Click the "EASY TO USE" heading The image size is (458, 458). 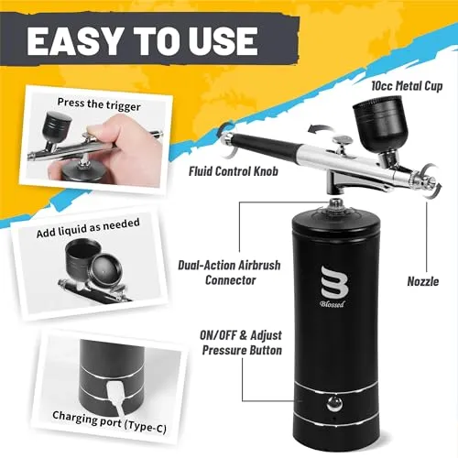tap(142, 40)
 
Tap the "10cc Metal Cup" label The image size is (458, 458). tap(407, 86)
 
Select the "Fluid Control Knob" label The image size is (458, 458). tap(234, 171)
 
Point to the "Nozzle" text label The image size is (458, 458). tap(423, 281)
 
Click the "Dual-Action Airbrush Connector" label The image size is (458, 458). tap(229, 272)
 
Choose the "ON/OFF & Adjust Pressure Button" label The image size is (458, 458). tap(241, 343)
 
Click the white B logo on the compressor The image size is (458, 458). tap(334, 281)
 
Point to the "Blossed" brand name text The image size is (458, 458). tap(333, 304)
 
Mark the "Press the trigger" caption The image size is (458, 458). tap(99, 104)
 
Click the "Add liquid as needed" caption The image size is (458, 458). tap(88, 227)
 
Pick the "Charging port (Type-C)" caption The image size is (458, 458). tap(109, 422)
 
